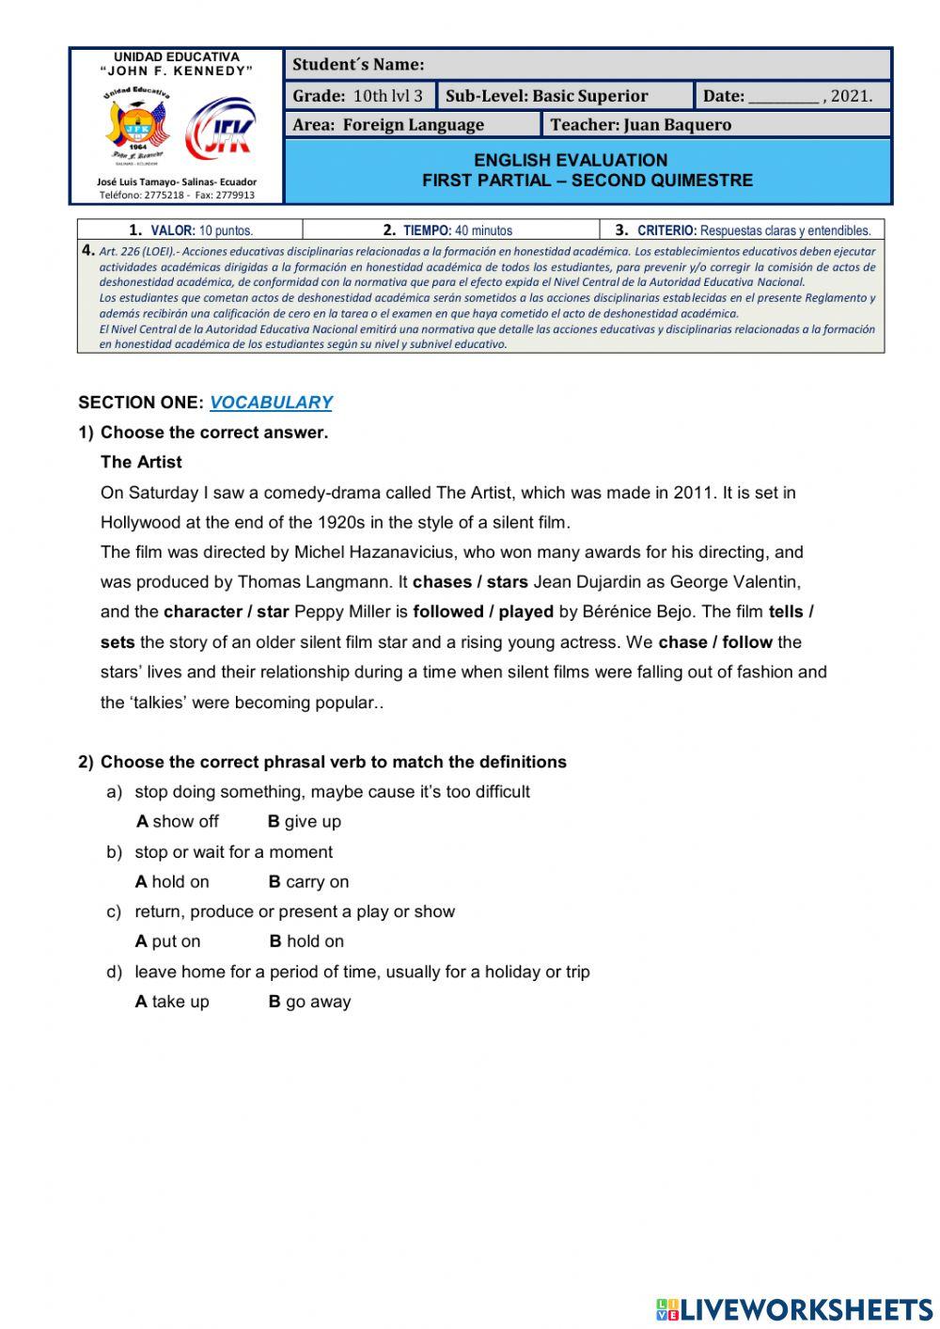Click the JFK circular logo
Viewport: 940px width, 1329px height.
[x=220, y=129]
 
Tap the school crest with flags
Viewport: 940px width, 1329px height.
[x=137, y=126]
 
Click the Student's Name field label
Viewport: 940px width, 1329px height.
[x=358, y=65]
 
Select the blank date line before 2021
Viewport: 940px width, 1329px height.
[x=784, y=96]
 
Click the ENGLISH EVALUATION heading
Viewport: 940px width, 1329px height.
[x=571, y=160]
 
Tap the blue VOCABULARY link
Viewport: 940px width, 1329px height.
[x=271, y=403]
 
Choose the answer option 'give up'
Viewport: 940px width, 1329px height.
[x=304, y=821]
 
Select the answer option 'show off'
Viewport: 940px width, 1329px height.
[x=178, y=821]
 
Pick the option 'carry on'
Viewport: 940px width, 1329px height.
[x=308, y=881]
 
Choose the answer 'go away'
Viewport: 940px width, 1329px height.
[x=309, y=1002]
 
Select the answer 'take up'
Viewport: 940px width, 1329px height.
[x=172, y=1002]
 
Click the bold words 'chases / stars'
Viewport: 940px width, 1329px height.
[x=470, y=582]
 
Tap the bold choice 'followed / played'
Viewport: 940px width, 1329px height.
[x=483, y=611]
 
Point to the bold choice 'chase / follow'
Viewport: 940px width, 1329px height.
[x=715, y=642]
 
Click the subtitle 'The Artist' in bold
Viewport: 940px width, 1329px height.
[x=141, y=462]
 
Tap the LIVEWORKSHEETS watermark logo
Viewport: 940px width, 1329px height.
[x=794, y=1309]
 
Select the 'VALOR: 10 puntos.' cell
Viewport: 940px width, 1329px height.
[x=191, y=229]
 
